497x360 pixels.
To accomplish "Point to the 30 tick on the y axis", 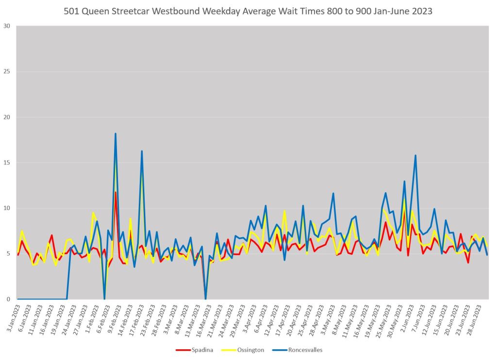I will point(7,26).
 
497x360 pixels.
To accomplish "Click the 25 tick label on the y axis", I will point(7,72).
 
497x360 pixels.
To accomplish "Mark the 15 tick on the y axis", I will point(7,163).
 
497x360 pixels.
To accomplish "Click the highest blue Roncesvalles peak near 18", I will point(116,133).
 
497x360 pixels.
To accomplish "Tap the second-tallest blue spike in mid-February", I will point(142,151).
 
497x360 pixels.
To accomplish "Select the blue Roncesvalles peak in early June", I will point(415,155).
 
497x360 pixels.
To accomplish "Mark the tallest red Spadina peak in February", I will point(116,192).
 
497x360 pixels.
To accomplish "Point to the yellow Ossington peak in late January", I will point(93,213).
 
